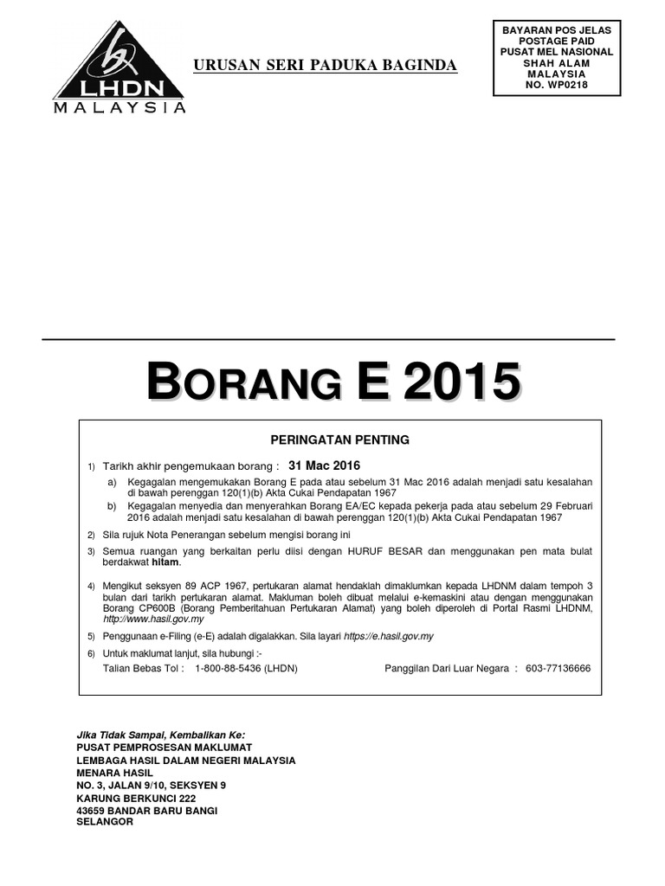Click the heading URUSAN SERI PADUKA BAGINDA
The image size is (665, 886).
(x=326, y=67)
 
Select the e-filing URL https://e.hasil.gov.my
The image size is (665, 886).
(x=388, y=636)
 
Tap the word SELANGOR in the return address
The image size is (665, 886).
(x=106, y=822)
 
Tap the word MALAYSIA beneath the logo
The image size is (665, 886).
(x=119, y=108)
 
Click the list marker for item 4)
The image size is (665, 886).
(x=91, y=587)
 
